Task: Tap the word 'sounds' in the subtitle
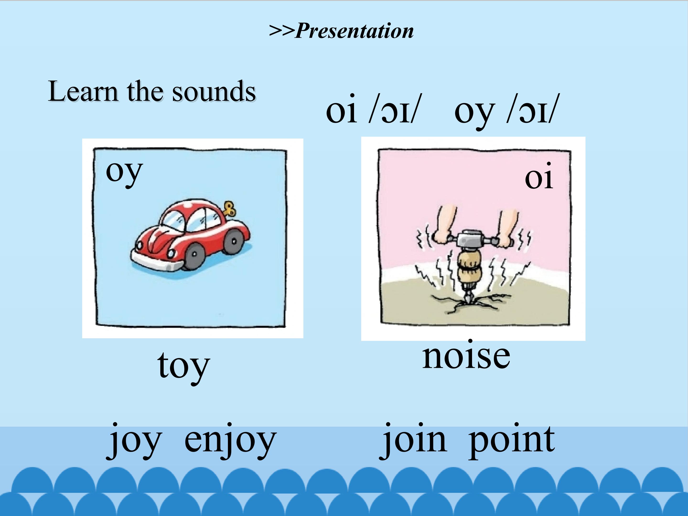[214, 91]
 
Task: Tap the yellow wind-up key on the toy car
[230, 209]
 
